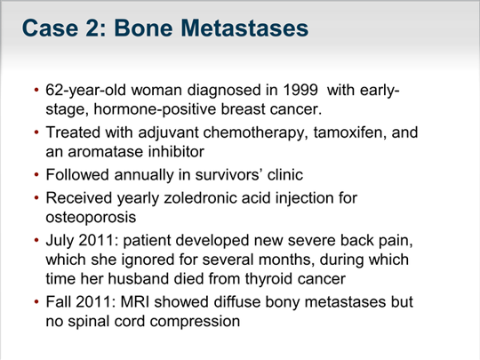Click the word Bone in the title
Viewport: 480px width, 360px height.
pos(143,28)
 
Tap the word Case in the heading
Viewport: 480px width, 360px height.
pos(50,28)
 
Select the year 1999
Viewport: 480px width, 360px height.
pos(300,90)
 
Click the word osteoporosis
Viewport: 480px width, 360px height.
pos(91,218)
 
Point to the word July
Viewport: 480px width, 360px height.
pos(60,241)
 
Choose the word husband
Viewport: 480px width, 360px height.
pos(138,279)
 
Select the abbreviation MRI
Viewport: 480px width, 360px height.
pos(135,302)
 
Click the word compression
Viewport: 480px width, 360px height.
pos(195,322)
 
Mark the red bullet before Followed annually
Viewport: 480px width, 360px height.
pos(36,175)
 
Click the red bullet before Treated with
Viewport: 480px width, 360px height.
pos(36,132)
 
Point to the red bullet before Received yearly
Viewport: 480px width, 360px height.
pos(36,198)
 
